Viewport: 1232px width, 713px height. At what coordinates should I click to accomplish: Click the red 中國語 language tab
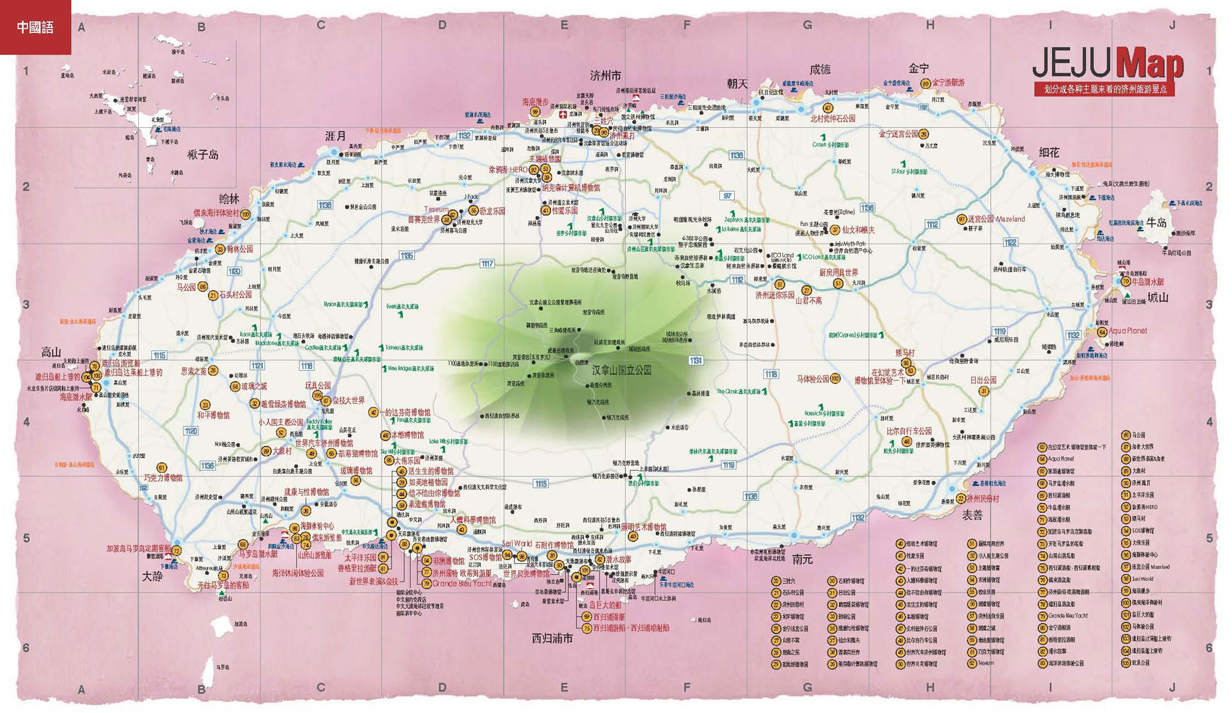(35, 27)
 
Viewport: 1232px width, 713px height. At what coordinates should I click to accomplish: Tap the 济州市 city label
(605, 75)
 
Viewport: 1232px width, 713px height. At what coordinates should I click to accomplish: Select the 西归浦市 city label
(552, 638)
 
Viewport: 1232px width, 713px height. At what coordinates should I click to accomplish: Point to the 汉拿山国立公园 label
(621, 370)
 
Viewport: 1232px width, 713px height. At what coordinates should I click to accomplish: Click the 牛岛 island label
(1156, 222)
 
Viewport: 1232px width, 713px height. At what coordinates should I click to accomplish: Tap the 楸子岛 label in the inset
(203, 155)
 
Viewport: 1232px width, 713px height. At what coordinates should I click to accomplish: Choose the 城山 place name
(1157, 298)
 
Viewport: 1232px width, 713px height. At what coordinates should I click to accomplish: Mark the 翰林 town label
(229, 199)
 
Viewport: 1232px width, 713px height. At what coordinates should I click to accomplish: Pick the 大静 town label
(152, 576)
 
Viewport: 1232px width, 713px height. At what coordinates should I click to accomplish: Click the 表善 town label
(972, 515)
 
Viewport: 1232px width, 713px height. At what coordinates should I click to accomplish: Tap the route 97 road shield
(727, 196)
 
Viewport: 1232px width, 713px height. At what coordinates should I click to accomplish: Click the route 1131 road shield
(695, 361)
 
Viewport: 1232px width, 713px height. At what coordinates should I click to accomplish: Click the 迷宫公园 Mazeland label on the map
(996, 219)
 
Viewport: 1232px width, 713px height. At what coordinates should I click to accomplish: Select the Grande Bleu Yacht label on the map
(461, 584)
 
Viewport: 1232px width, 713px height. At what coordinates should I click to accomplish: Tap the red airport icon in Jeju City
(563, 115)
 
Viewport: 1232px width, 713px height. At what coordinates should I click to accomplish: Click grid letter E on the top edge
(564, 25)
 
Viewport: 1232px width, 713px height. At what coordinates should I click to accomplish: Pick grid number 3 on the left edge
(26, 304)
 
